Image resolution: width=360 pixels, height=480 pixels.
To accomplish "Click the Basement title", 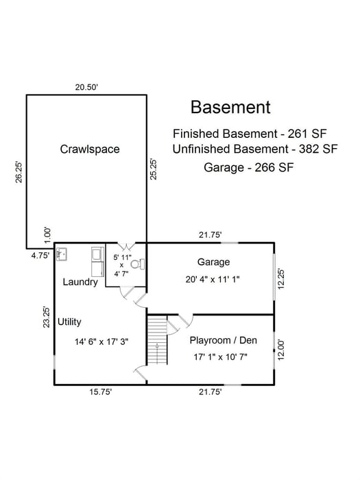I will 230,108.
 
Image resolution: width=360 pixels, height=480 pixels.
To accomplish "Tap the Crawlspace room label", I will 90,149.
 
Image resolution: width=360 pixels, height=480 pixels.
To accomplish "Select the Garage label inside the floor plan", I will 213,262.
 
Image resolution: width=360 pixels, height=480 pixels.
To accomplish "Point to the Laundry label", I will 80,282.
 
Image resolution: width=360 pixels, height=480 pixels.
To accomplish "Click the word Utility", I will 70,321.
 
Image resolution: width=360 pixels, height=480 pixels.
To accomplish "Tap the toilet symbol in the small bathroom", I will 135,263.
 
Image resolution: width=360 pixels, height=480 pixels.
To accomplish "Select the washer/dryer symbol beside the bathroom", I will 95,259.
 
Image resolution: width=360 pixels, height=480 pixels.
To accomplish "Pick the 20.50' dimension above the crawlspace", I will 87,87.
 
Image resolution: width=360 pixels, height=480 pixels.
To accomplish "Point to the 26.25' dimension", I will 19,172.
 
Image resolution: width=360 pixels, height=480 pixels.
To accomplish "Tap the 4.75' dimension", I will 40,256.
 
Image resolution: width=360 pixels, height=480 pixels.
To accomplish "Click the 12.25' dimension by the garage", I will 280,279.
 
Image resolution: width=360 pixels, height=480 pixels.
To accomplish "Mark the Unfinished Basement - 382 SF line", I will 255,149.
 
